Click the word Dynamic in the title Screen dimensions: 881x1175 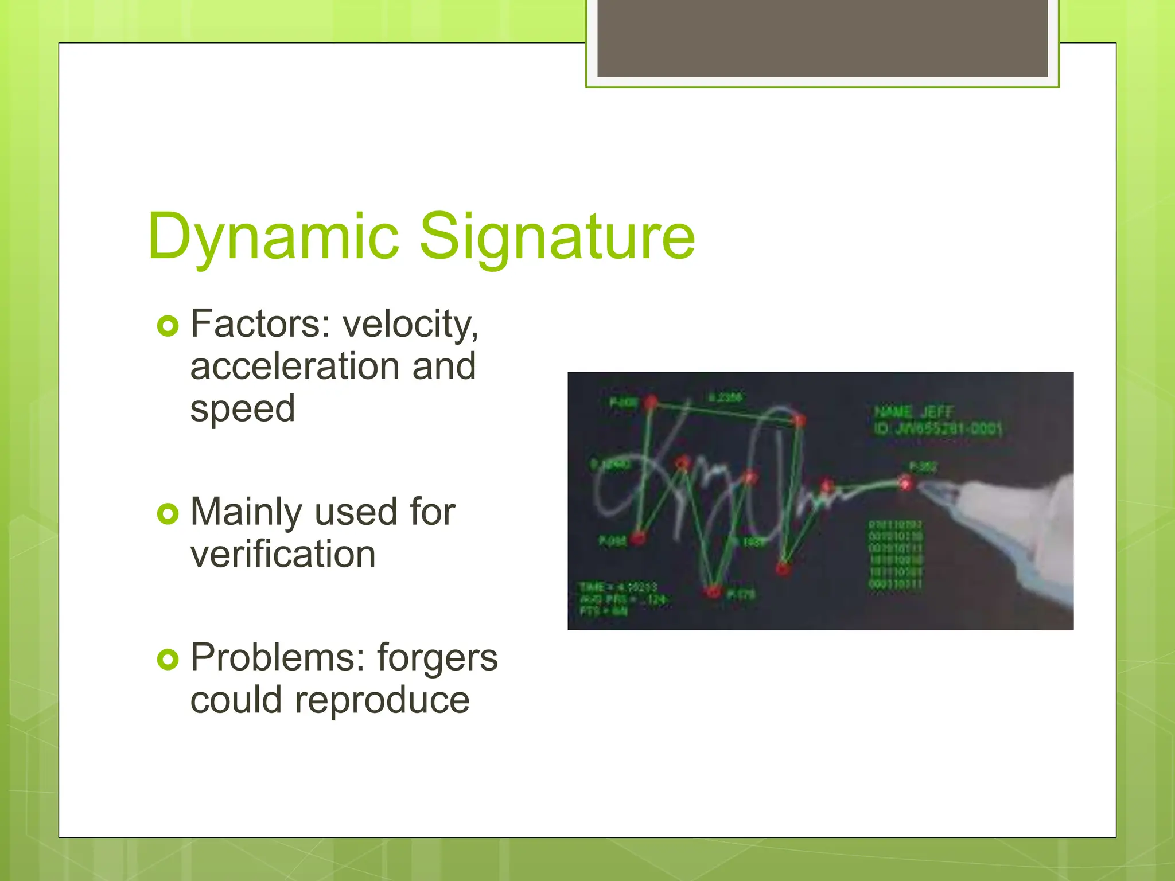click(273, 236)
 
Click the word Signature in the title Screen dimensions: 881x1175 click(557, 236)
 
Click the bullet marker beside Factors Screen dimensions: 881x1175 click(168, 326)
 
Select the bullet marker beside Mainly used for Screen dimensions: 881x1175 click(168, 513)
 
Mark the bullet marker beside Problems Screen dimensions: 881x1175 click(168, 660)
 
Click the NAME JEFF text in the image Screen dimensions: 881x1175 click(913, 412)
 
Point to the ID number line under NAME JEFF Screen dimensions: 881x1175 click(937, 428)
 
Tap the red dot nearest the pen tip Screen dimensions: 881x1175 click(905, 484)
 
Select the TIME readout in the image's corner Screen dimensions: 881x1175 click(617, 587)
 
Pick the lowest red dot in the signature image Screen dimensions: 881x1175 click(713, 591)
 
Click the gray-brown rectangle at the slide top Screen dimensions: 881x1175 click(822, 38)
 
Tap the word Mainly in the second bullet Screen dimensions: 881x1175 click(246, 512)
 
